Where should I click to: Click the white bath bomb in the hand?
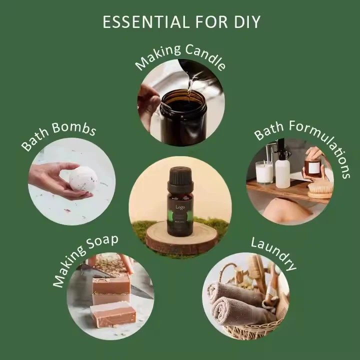pos(83,179)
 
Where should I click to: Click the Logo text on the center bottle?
pos(179,206)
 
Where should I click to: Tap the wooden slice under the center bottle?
pos(181,239)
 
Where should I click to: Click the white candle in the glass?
pos(264,173)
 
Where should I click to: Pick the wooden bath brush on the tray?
pos(320,189)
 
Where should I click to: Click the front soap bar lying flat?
pos(113,314)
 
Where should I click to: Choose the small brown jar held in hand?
pos(313,167)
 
